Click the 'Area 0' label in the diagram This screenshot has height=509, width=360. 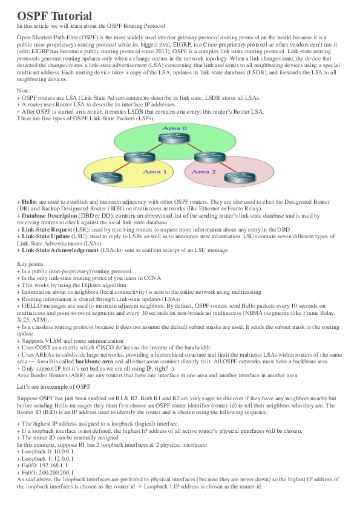(x=175, y=129)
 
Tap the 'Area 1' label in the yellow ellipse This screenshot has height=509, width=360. (x=155, y=172)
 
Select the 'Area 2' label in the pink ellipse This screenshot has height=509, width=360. (x=203, y=172)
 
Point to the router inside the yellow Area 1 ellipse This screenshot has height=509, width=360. (x=100, y=178)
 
